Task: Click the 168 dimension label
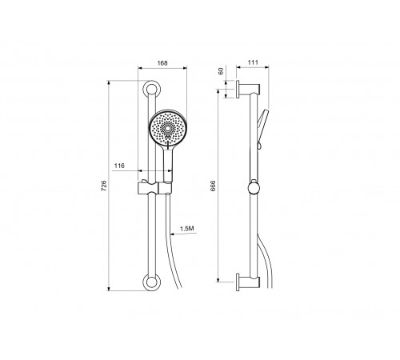pyautogui.click(x=162, y=63)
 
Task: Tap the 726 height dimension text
pyautogui.click(x=104, y=186)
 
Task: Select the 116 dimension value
pyautogui.click(x=119, y=166)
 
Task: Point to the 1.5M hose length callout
pyautogui.click(x=187, y=229)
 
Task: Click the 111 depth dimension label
pyautogui.click(x=253, y=62)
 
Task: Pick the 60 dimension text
pyautogui.click(x=221, y=71)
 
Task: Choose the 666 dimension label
pyautogui.click(x=213, y=186)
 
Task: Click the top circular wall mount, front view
pyautogui.click(x=151, y=89)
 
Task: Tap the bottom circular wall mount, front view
pyautogui.click(x=151, y=282)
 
